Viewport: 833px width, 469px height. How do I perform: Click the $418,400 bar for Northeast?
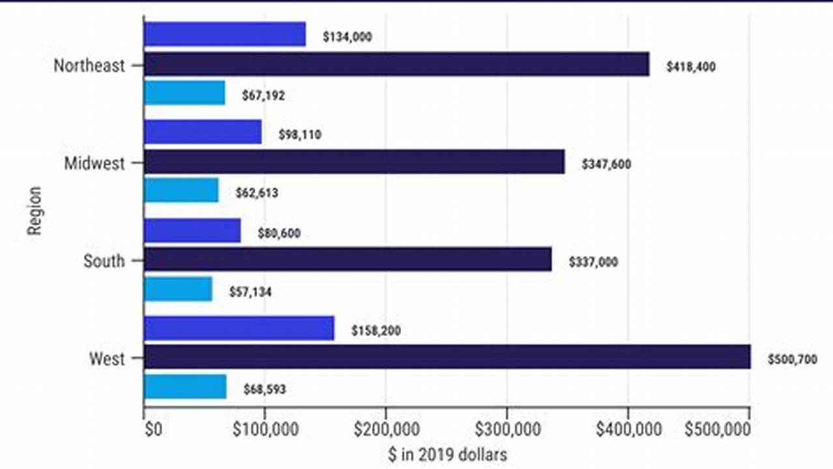click(396, 64)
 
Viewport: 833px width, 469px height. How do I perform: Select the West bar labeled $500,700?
click(447, 357)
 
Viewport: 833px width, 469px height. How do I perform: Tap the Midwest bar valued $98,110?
click(203, 132)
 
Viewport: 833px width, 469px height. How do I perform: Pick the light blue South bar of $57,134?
click(178, 289)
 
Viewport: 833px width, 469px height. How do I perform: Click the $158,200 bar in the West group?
click(239, 328)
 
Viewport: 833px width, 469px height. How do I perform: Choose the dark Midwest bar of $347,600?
click(354, 162)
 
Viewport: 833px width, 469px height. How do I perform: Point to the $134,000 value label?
click(347, 37)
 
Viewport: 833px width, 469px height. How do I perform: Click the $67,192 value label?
click(263, 96)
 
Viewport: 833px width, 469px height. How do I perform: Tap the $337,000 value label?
click(593, 262)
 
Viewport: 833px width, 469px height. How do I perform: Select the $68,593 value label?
click(264, 390)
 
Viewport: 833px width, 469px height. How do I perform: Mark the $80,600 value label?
click(279, 233)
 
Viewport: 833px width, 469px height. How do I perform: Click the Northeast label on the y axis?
click(89, 66)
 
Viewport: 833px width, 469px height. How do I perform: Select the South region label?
click(104, 261)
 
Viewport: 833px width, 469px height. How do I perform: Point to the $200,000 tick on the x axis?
click(386, 430)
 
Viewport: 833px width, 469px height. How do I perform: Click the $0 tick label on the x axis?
click(152, 430)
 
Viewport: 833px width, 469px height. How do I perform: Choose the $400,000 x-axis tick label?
click(628, 430)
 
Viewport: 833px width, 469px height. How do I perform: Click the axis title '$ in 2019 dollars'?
click(447, 454)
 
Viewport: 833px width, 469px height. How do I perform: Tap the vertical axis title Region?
click(35, 211)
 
